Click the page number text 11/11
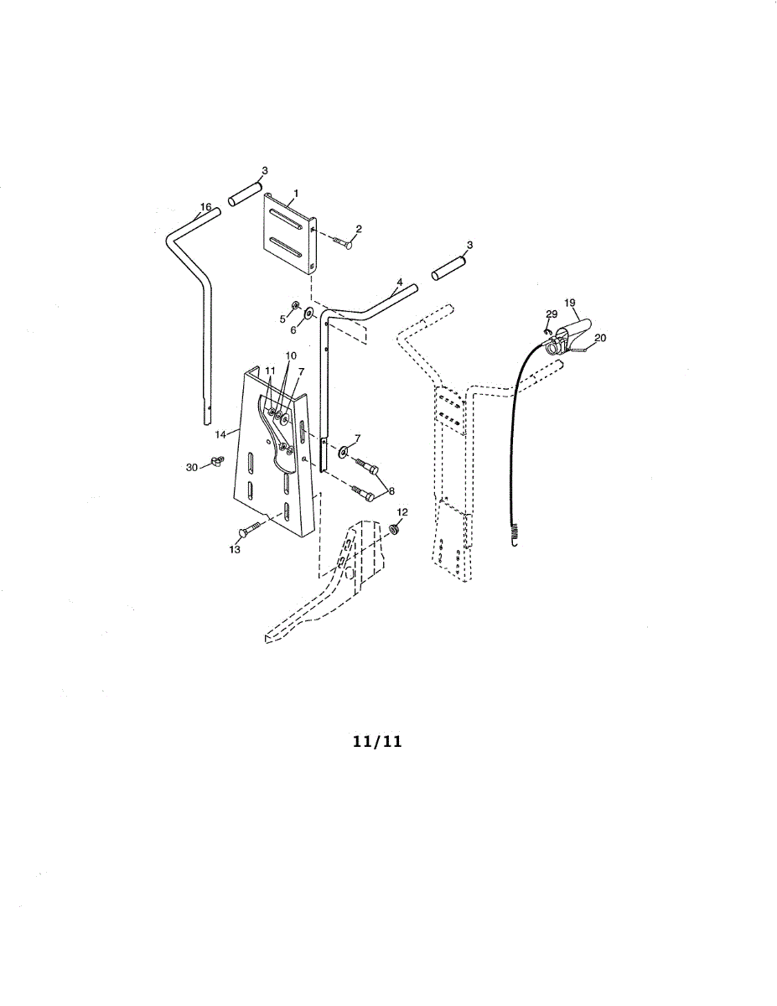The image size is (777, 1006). pos(377,742)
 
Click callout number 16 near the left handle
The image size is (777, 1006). pos(205,206)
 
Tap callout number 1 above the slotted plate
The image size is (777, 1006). pos(296,193)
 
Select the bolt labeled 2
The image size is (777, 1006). pos(343,241)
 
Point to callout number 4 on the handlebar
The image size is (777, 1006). pos(399,282)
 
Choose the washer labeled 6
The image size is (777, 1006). pos(308,314)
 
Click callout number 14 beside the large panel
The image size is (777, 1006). pos(220,434)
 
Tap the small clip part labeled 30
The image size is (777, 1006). pos(216,460)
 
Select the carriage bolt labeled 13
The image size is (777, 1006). pos(250,530)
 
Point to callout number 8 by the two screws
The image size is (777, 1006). pos(391,491)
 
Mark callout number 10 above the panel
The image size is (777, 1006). pos(291,355)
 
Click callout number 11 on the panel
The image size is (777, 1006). pos(270,371)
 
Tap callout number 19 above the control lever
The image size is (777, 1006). pos(570,303)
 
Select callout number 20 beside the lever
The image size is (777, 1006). pos(600,338)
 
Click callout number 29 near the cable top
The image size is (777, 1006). pos(552,314)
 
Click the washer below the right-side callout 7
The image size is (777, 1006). pos(344,450)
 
